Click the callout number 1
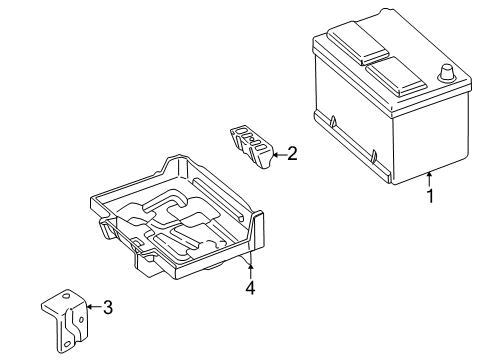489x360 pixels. coord(430,196)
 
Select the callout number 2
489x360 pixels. coord(292,154)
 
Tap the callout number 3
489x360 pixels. coord(108,307)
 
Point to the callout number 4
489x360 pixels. coord(250,288)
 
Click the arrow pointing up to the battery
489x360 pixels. coord(430,179)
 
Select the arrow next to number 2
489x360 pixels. coord(279,154)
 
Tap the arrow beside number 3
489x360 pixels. coord(94,307)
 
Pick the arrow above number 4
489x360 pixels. coord(250,271)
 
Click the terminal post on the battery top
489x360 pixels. coord(446,73)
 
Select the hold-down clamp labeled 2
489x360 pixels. coord(251,147)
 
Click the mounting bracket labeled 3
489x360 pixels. coord(65,320)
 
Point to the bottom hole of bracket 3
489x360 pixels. coord(67,344)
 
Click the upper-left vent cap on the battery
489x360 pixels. coord(358,43)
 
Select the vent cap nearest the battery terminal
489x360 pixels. coord(396,77)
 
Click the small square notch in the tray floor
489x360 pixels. coord(136,241)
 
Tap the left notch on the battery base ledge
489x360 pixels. coord(333,121)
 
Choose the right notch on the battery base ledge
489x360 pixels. coord(374,156)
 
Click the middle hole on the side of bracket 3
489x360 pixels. coord(81,319)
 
